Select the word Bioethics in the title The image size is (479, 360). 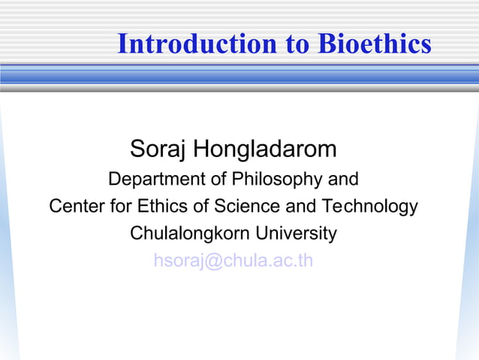[x=375, y=44]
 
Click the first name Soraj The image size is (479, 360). [x=158, y=149]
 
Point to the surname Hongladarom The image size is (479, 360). [x=265, y=149]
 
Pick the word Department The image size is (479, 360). [x=148, y=180]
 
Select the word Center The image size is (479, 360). [x=73, y=206]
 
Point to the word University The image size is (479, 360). [x=298, y=233]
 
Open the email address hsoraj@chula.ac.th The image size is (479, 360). [x=233, y=261]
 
